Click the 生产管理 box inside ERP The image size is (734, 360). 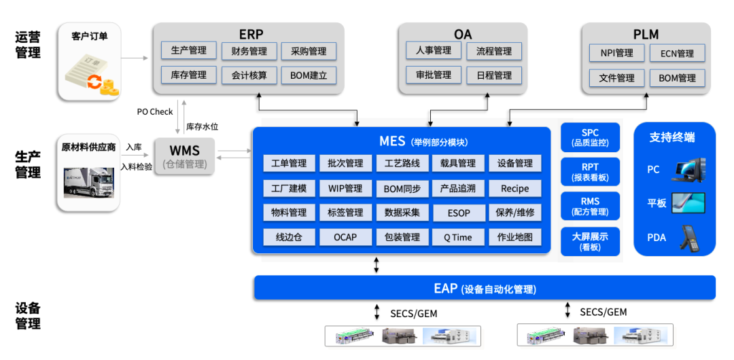point(188,50)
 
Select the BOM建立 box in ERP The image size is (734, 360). point(308,75)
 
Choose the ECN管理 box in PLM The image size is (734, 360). point(677,53)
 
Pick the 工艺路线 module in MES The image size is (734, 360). point(402,163)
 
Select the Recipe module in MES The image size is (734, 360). point(514,188)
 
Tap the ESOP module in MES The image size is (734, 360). point(459,213)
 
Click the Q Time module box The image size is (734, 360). point(459,237)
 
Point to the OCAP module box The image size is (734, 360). point(346,237)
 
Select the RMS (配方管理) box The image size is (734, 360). point(590,206)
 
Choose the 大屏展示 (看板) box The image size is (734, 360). point(590,241)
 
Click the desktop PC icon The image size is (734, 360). point(687,170)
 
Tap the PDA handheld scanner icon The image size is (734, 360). point(688,237)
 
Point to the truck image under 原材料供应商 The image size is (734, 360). point(88,182)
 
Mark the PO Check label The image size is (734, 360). point(155,111)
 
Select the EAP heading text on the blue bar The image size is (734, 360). point(445,288)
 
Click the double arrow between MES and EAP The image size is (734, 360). point(377,265)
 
